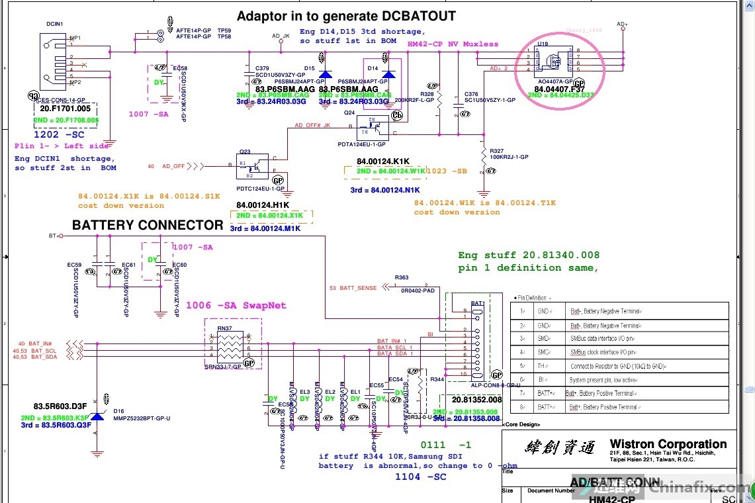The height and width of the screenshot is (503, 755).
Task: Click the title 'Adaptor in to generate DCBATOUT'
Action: click(346, 16)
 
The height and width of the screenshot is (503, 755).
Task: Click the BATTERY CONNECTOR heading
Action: click(148, 225)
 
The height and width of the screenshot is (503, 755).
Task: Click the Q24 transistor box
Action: click(371, 125)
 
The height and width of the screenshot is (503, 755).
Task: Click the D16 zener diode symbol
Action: click(97, 416)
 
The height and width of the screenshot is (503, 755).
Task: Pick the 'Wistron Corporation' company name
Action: click(668, 444)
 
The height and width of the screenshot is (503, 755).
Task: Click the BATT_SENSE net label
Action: click(353, 288)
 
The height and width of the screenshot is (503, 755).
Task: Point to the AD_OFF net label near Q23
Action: click(173, 166)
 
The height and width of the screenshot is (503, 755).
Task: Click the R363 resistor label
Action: click(402, 277)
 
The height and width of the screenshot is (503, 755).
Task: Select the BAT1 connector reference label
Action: click(478, 302)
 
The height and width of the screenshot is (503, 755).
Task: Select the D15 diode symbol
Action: click(324, 74)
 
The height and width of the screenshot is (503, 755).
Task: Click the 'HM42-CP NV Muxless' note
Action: click(453, 44)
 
